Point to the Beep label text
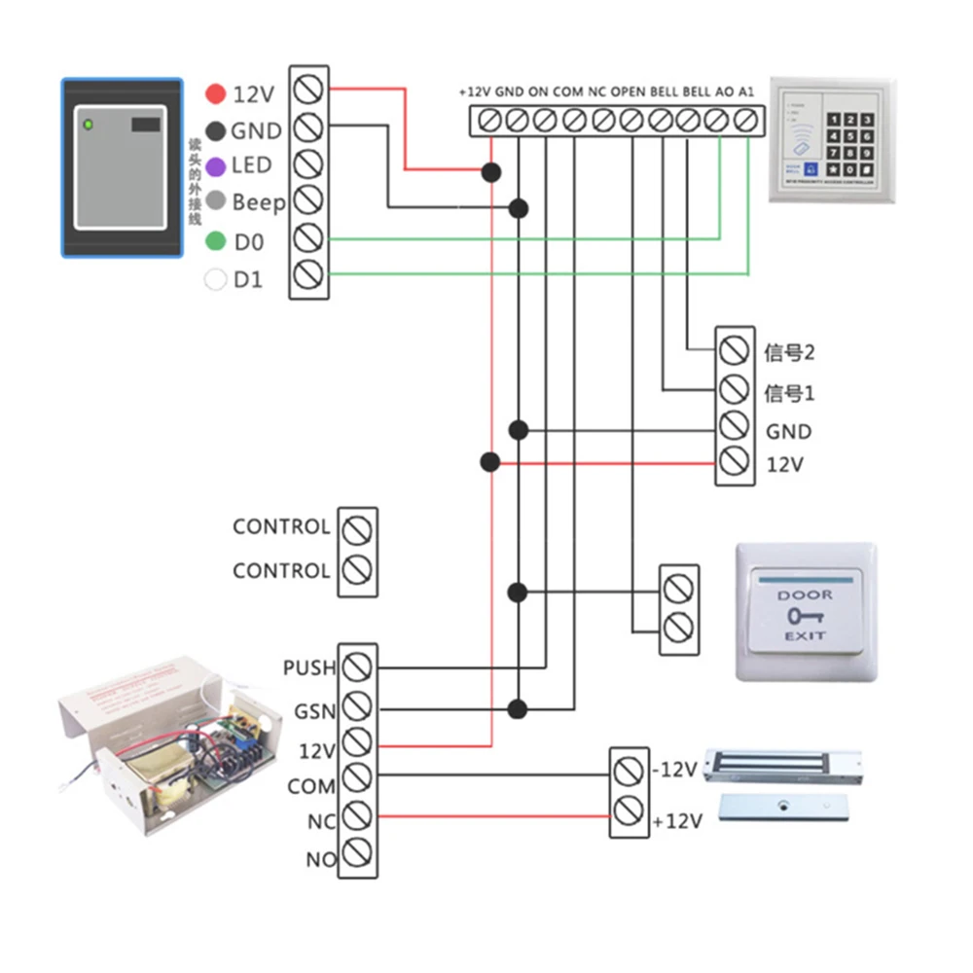pyautogui.click(x=259, y=202)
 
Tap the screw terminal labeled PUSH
pyautogui.click(x=358, y=667)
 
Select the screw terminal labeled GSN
pyautogui.click(x=358, y=707)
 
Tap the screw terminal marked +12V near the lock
pyautogui.click(x=629, y=809)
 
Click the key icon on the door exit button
pyautogui.click(x=804, y=616)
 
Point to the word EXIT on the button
pyautogui.click(x=805, y=635)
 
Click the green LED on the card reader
pyautogui.click(x=89, y=125)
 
